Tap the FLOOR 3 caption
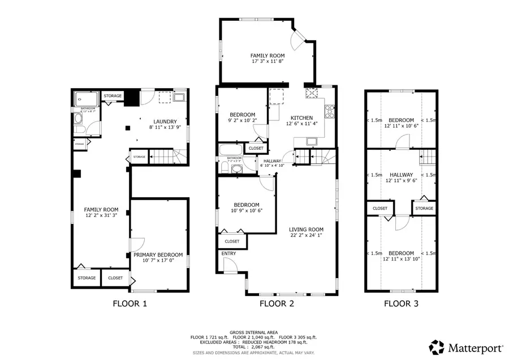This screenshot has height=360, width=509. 402,303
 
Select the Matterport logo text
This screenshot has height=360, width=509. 473,345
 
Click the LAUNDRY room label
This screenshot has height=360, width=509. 166,122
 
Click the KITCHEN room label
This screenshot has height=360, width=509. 301,118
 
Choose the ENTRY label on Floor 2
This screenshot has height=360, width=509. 229,254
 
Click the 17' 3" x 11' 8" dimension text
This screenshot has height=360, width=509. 268,62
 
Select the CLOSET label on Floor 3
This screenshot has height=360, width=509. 380,209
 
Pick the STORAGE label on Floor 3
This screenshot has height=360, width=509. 424,209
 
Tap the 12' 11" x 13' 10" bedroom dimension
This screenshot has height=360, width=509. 401,259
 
